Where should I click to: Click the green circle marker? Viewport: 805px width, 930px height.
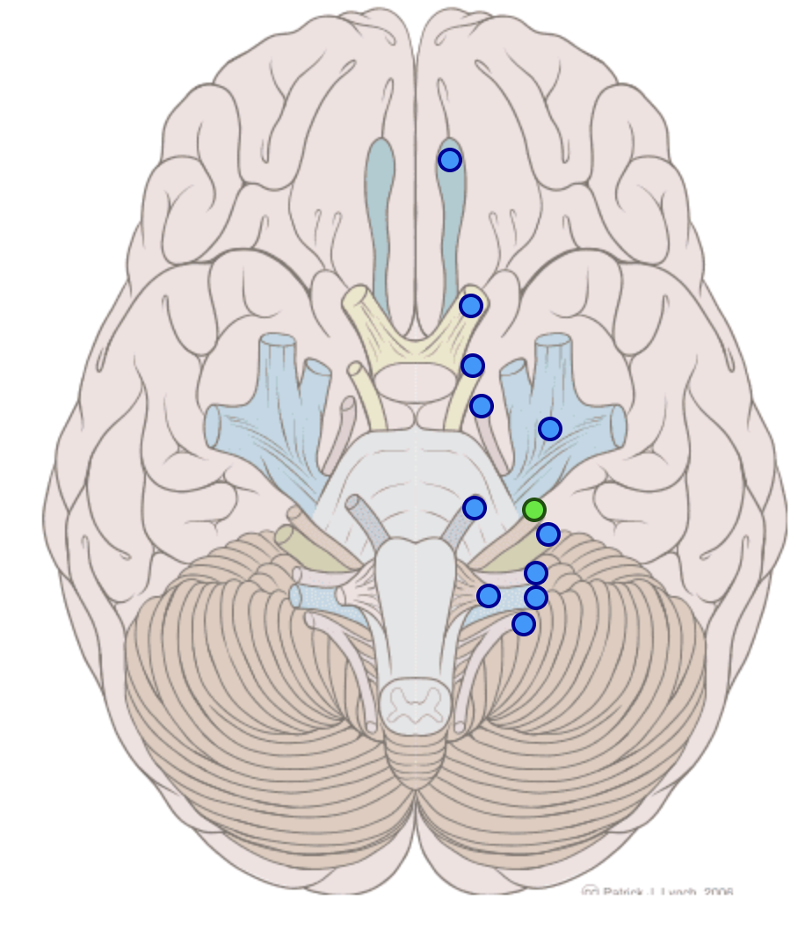pos(533,509)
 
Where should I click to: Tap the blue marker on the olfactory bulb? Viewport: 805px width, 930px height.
pos(449,159)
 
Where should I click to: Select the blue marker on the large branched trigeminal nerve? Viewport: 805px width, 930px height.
pos(549,428)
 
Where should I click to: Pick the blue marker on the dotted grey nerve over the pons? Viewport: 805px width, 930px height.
pos(474,507)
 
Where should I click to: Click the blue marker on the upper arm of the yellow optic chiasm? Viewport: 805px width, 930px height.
pos(470,305)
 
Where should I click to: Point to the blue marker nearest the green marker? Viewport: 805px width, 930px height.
pos(548,534)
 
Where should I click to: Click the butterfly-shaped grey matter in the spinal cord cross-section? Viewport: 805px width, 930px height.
pos(413,704)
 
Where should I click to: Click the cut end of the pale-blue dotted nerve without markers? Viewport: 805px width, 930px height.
pos(295,596)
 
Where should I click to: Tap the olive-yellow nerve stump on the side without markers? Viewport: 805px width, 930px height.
pos(286,534)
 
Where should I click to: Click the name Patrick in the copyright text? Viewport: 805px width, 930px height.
pos(628,891)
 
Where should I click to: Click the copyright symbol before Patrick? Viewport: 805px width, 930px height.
pos(591,891)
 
